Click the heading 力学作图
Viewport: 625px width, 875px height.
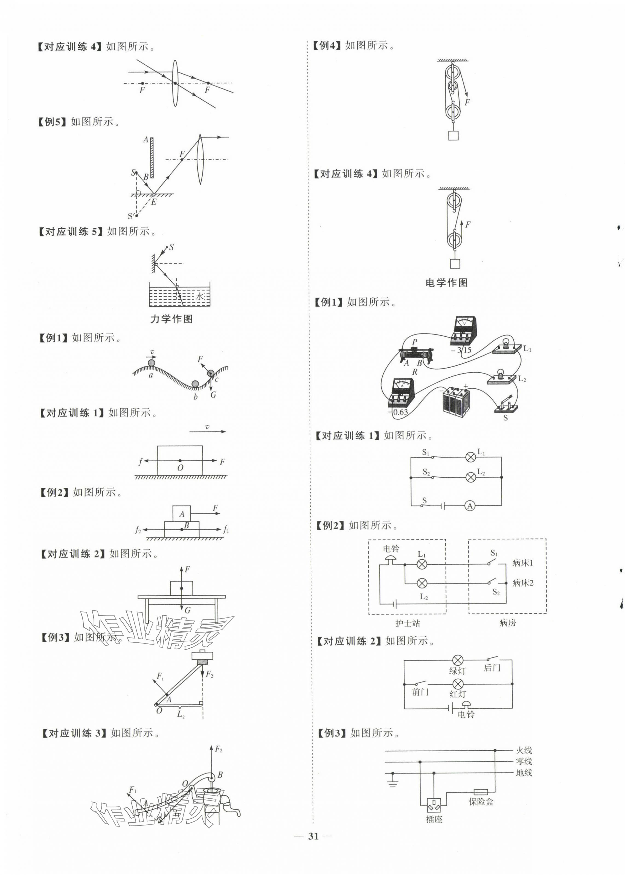[171, 319]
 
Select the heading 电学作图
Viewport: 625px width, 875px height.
[446, 283]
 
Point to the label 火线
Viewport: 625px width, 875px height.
[524, 750]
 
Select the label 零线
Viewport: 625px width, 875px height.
[524, 761]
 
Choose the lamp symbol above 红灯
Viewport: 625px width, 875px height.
[458, 684]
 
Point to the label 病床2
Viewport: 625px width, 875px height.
[523, 583]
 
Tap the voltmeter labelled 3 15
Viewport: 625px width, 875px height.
[464, 331]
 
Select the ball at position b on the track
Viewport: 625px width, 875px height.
[196, 384]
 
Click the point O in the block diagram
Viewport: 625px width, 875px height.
[180, 461]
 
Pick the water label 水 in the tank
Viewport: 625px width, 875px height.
[199, 296]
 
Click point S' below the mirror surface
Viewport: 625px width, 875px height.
[136, 216]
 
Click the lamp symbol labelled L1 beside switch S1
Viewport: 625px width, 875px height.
[471, 457]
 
